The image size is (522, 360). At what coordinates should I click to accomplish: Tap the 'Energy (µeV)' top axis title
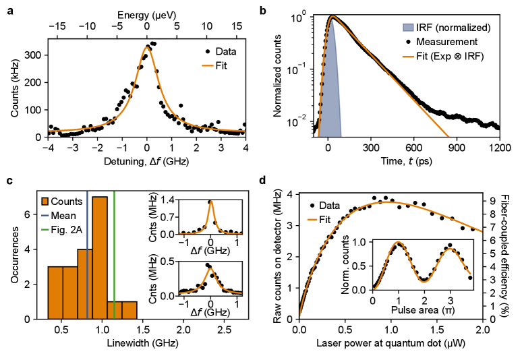pos(146,13)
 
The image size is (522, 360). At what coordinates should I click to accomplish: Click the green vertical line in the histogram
pos(115,270)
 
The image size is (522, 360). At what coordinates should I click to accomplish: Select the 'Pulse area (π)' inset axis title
pos(422,311)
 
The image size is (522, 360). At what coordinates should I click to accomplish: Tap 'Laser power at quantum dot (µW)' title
pos(390,343)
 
